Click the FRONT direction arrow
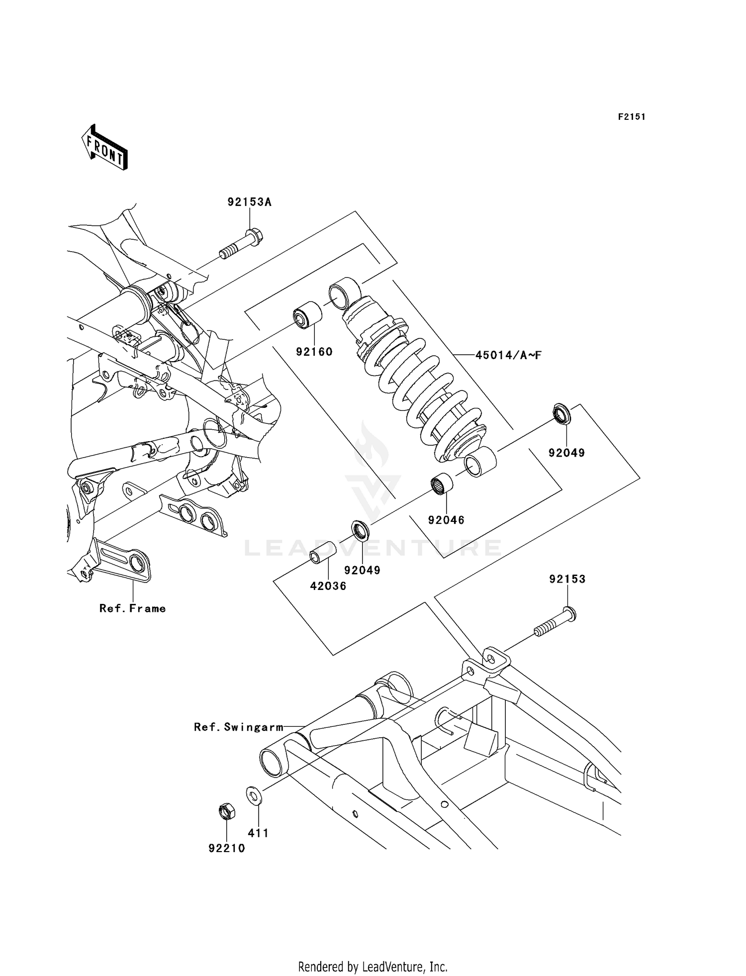click(x=104, y=148)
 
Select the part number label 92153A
click(x=250, y=202)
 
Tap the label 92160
click(x=314, y=352)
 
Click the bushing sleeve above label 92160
click(x=307, y=315)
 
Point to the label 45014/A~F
click(x=508, y=355)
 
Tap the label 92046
click(x=446, y=520)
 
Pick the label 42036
click(x=328, y=586)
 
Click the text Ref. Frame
click(x=132, y=608)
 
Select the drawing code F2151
click(x=632, y=117)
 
